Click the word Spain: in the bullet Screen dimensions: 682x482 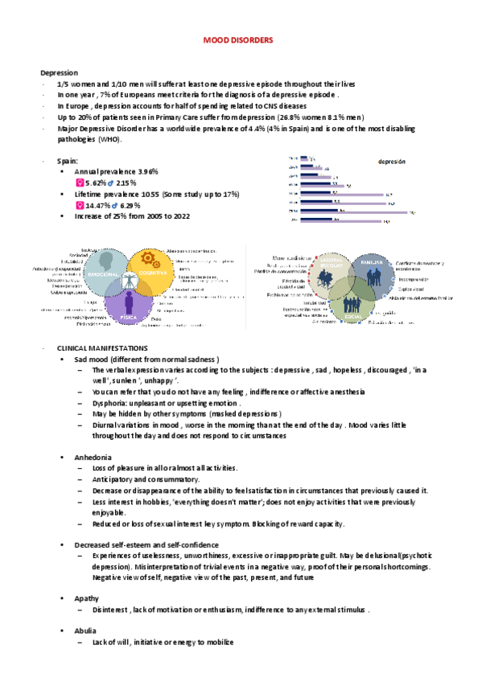coord(68,161)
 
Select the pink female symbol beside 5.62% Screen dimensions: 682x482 coord(79,183)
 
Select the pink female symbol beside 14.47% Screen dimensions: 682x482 coord(79,206)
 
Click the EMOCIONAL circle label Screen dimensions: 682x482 coord(105,274)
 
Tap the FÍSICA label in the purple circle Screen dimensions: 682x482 coord(126,317)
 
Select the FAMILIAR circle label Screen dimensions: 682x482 coord(371,262)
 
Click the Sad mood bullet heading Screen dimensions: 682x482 coord(97,358)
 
